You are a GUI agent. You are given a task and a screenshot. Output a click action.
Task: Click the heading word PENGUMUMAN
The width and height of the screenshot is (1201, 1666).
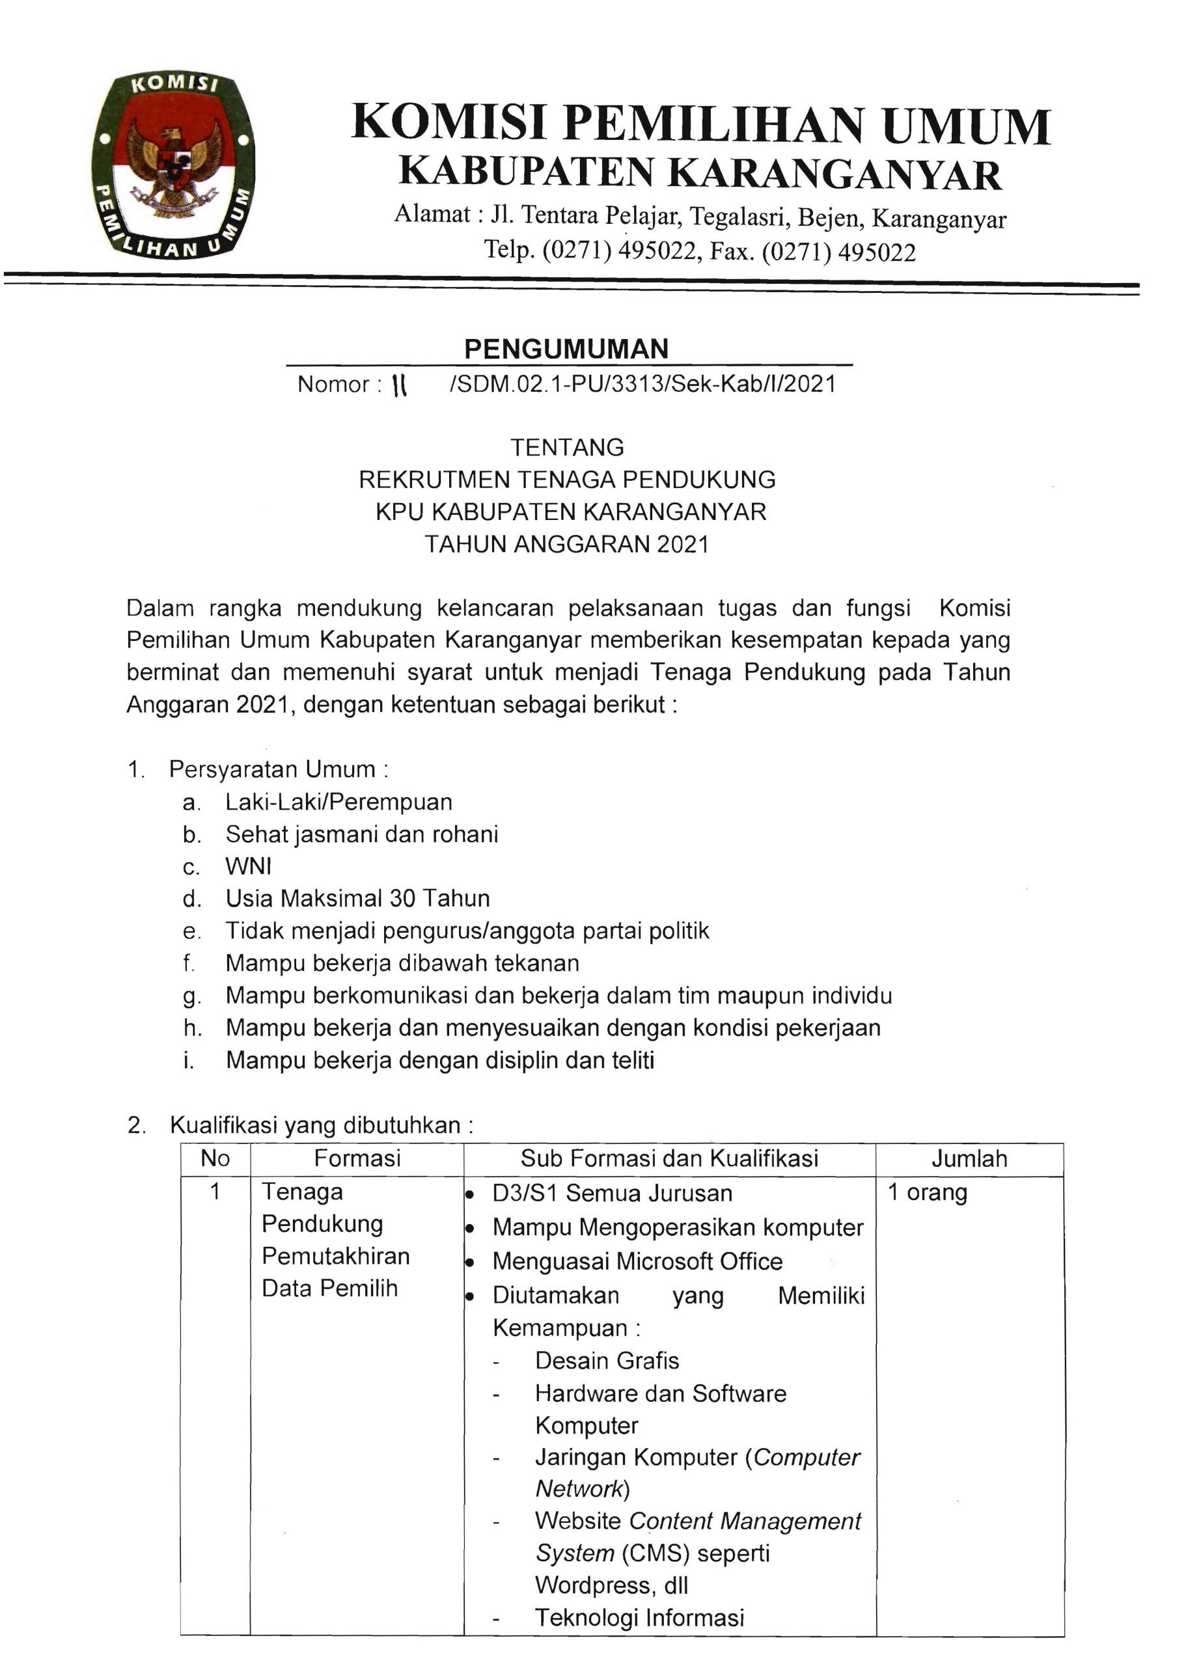tap(566, 349)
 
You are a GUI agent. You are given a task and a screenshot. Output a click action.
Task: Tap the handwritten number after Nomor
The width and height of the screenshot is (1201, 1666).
tap(400, 384)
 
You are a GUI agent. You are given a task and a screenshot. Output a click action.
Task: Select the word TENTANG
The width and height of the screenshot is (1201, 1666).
tap(567, 447)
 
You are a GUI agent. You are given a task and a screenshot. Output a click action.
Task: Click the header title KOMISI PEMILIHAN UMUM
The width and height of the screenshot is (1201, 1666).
tap(701, 124)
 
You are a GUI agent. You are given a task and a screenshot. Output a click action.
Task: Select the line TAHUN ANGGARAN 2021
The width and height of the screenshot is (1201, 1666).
tap(567, 544)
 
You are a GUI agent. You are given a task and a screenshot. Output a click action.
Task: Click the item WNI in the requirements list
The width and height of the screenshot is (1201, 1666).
tap(248, 867)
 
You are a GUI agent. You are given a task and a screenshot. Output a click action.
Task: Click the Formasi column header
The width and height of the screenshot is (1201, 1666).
tap(357, 1158)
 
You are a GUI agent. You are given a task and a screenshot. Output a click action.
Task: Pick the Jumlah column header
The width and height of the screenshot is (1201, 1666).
tap(969, 1159)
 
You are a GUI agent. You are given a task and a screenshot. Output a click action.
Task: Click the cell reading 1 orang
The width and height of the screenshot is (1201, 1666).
tap(927, 1192)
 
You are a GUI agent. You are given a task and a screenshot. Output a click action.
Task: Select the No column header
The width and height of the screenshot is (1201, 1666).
tap(215, 1158)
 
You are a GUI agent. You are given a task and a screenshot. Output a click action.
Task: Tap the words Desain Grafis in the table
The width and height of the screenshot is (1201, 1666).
tap(607, 1360)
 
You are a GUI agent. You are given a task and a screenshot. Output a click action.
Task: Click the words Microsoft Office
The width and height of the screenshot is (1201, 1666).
tap(699, 1261)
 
